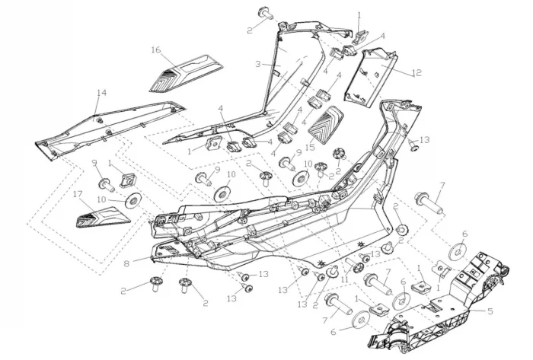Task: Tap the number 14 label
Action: pos(101,93)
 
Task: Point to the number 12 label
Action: pos(417,73)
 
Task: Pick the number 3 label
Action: pos(259,64)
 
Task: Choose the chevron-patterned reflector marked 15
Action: pos(327,124)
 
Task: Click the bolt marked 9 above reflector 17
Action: pos(104,183)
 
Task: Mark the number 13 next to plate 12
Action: pos(425,140)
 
